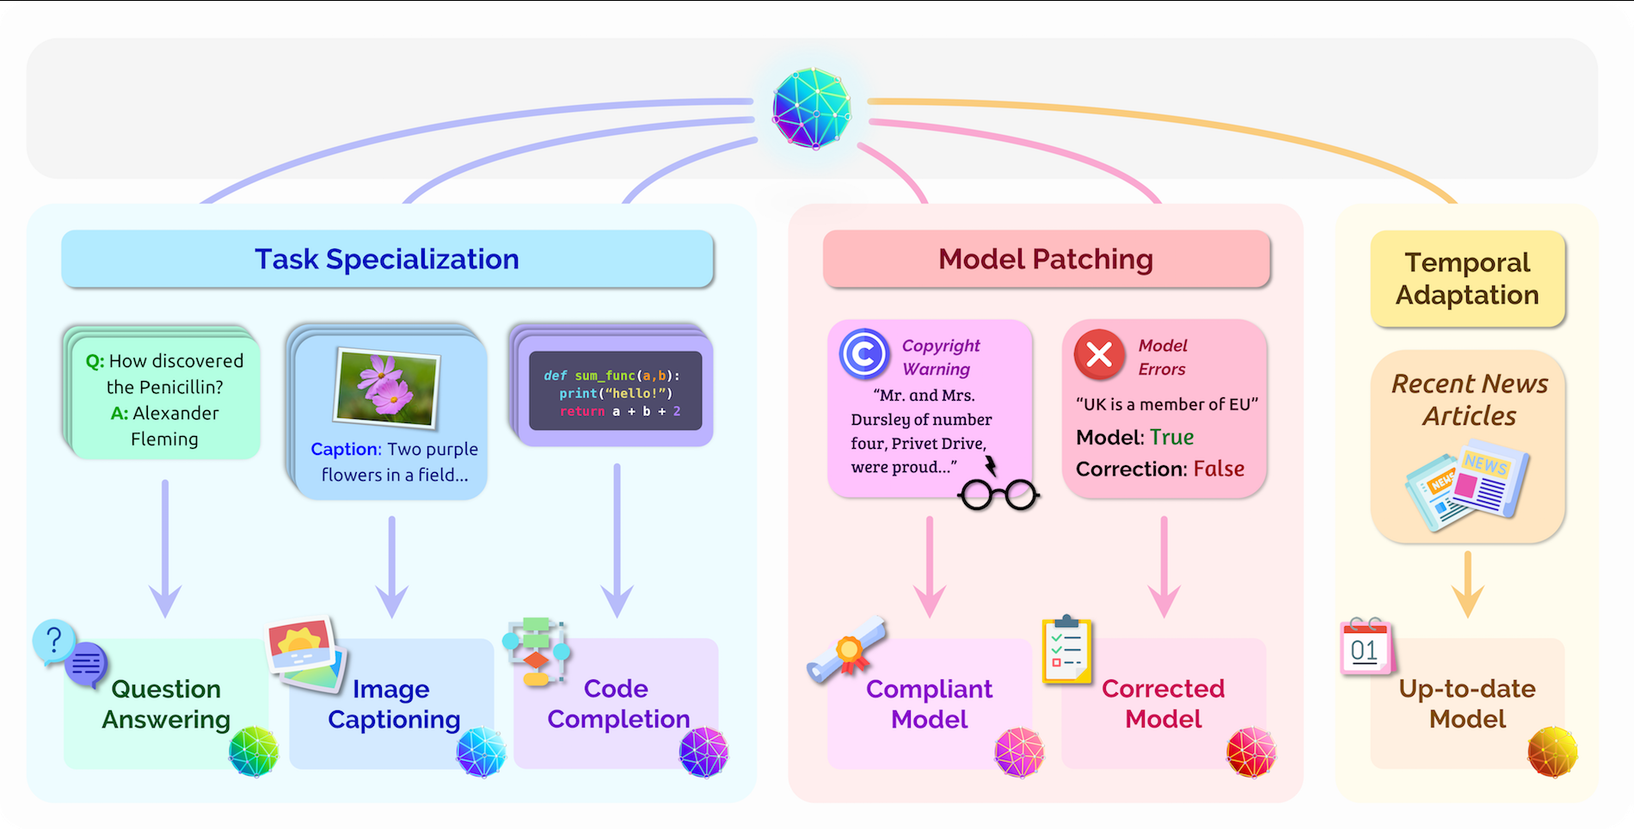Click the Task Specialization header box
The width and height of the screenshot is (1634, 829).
[387, 259]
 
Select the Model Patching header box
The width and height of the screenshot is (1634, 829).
[1046, 259]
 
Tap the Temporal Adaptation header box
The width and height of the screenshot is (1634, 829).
[1467, 279]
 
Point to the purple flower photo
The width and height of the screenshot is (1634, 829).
[386, 386]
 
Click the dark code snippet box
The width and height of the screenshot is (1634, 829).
[615, 390]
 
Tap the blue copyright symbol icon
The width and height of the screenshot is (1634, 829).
[863, 353]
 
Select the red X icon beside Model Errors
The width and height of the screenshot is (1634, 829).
[1099, 354]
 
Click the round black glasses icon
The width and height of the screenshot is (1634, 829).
[998, 494]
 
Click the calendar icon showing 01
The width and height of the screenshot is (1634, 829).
[1367, 647]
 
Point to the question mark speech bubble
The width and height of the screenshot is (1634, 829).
[54, 642]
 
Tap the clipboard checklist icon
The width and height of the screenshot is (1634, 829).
[1066, 650]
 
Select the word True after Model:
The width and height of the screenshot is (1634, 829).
[1172, 437]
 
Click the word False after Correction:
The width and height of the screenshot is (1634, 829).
[1219, 469]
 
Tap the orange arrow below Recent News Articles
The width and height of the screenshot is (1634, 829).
[1467, 584]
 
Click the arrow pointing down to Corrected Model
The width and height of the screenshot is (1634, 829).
[1164, 568]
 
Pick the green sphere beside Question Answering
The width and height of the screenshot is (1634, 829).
[254, 751]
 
